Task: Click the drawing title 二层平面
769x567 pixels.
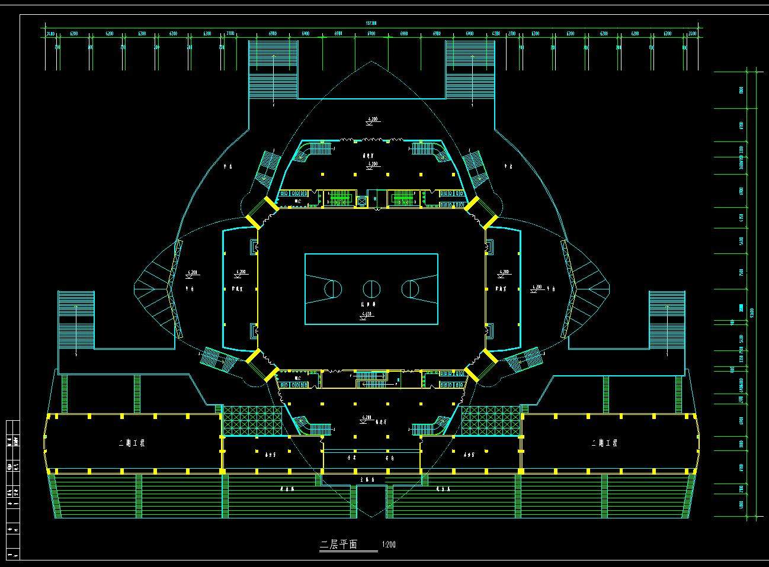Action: [x=339, y=545]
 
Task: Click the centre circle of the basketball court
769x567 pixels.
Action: [x=371, y=289]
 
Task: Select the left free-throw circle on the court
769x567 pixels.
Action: [x=333, y=289]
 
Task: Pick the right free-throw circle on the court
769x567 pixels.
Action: [x=410, y=289]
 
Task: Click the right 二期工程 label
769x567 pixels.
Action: [x=604, y=443]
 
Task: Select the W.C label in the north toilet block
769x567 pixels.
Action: [x=297, y=202]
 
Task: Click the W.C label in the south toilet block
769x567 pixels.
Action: [x=297, y=377]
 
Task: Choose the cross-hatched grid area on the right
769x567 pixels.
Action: [x=491, y=421]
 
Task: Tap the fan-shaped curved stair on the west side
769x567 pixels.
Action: [x=155, y=290]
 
